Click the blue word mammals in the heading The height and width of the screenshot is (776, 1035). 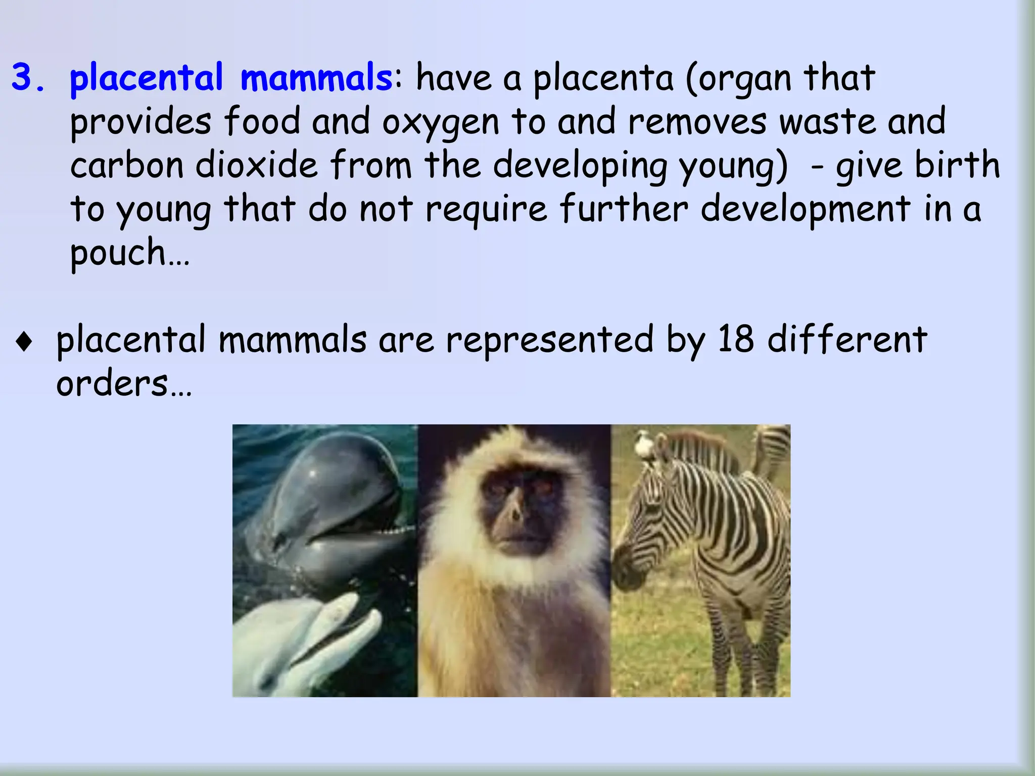click(x=315, y=78)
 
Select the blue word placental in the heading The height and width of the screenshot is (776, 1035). click(x=146, y=78)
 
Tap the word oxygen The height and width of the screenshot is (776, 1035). click(x=440, y=123)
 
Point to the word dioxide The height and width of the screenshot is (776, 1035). click(x=257, y=166)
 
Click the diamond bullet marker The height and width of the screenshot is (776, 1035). click(x=24, y=342)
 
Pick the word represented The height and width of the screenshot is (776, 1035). click(x=549, y=341)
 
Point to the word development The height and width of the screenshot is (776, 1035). click(x=806, y=210)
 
